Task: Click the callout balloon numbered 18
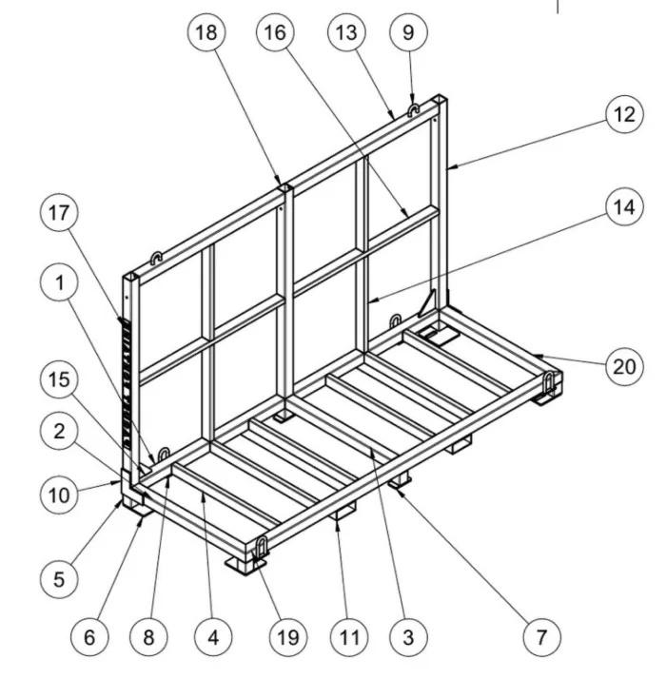[x=206, y=32]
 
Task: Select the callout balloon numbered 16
[x=275, y=32]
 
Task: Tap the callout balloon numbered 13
[x=346, y=32]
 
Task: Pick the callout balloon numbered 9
[x=409, y=32]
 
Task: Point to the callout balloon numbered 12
[x=624, y=114]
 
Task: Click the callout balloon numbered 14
[x=624, y=207]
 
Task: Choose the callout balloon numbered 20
[x=624, y=366]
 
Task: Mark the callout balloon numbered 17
[x=59, y=213]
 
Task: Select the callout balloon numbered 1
[x=59, y=282]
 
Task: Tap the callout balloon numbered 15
[x=59, y=379]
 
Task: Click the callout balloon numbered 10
[x=59, y=495]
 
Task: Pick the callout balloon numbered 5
[x=59, y=579]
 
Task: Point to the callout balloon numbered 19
[x=288, y=637]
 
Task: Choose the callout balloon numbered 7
[x=542, y=637]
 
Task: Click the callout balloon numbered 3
[x=409, y=637]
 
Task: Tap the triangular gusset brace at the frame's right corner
[x=427, y=304]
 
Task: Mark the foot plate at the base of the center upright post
[x=283, y=417]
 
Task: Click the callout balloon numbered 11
[x=350, y=637]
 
